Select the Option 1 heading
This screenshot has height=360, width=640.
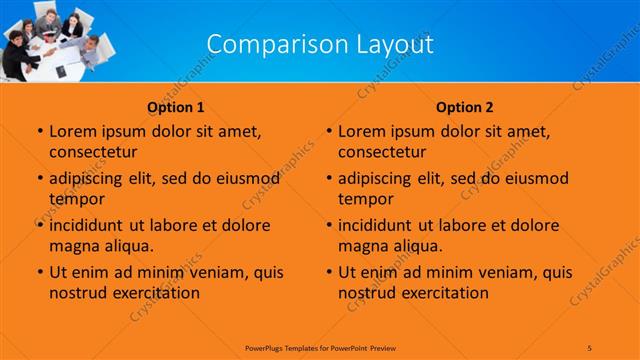pos(176,107)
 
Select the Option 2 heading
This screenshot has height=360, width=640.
pos(464,107)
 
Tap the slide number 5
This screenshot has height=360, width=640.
pos(590,346)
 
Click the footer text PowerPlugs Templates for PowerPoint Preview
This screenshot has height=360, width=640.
pos(320,346)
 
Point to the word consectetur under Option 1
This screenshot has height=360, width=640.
pos(93,152)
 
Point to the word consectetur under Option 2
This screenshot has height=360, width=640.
pos(383,152)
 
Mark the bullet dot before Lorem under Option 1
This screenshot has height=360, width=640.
pos(39,132)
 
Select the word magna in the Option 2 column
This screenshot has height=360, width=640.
pos(361,245)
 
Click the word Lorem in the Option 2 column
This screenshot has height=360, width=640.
pos(362,131)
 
